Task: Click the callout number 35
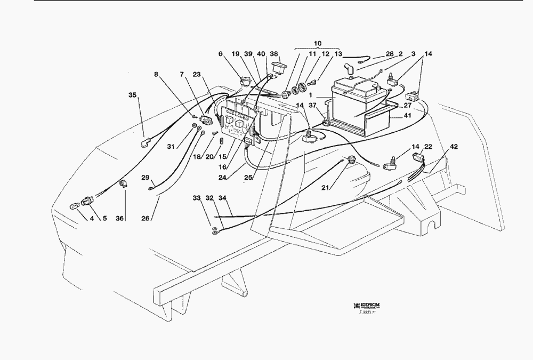pyautogui.click(x=132, y=95)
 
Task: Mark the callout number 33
pyautogui.click(x=197, y=198)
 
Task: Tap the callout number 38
pyautogui.click(x=274, y=54)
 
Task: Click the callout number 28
pyautogui.click(x=389, y=54)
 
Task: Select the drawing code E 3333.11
pyautogui.click(x=367, y=313)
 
